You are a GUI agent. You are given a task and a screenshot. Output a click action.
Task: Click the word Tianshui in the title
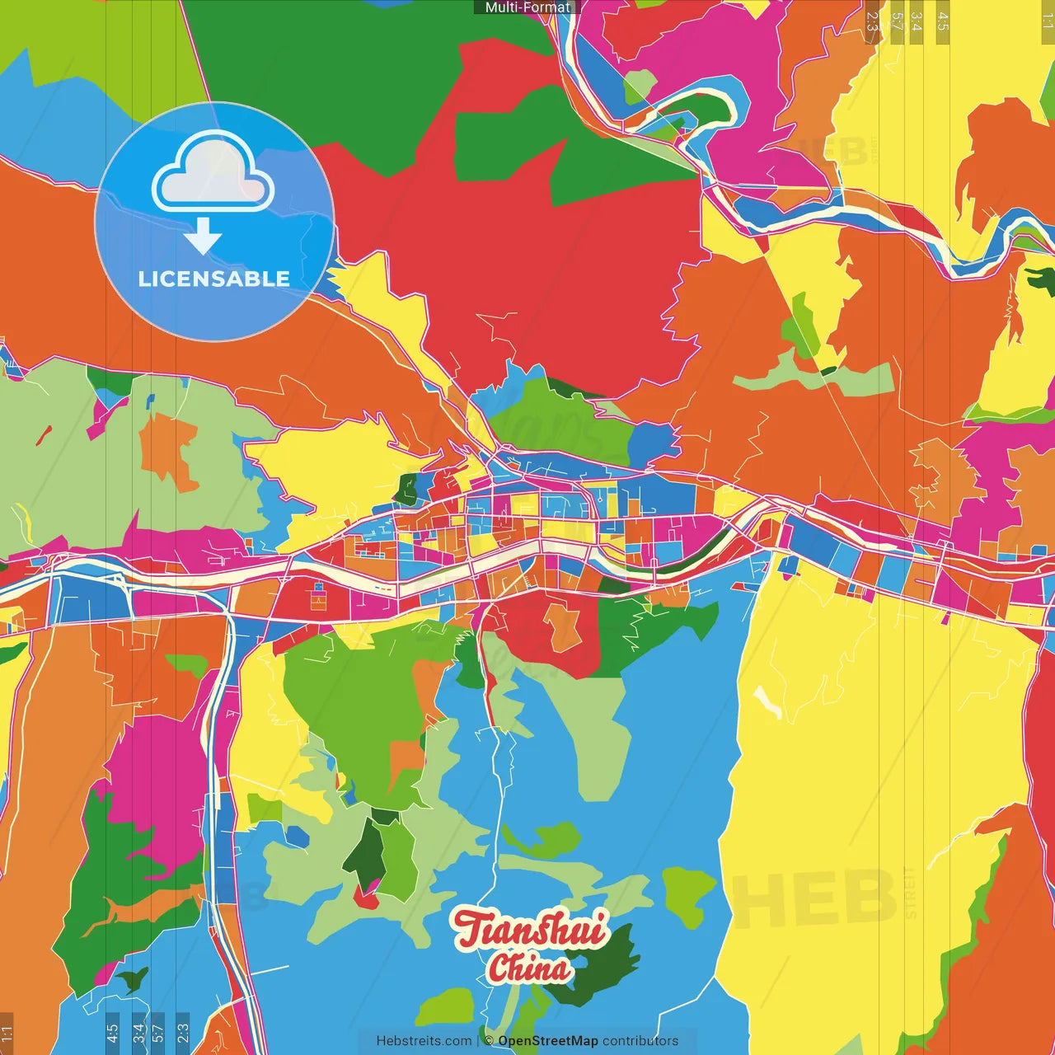click(532, 929)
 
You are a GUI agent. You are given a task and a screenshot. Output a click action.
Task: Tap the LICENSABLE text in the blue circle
click(213, 279)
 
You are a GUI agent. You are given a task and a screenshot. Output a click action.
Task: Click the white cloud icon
click(213, 173)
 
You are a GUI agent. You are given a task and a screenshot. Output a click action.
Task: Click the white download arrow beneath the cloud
click(203, 237)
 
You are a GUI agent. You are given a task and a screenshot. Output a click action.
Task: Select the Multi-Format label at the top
click(527, 7)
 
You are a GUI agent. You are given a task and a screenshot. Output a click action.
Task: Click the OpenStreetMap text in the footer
click(547, 1041)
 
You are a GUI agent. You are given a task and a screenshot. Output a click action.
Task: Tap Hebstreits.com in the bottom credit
click(424, 1041)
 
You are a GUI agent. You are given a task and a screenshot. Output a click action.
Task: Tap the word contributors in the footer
click(640, 1041)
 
